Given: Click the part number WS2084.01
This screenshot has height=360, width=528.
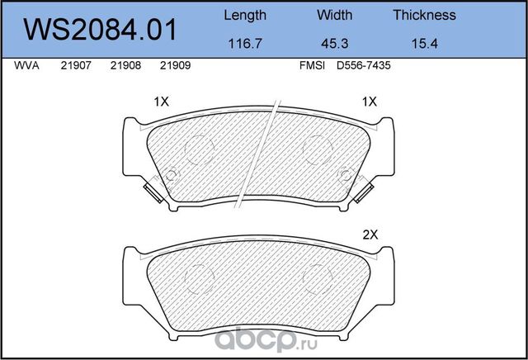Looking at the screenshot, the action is tap(100, 30).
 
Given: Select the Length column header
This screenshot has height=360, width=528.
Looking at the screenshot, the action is tap(245, 16).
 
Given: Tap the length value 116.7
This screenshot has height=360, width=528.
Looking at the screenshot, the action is tap(245, 44).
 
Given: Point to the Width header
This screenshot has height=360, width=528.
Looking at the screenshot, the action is tap(335, 15).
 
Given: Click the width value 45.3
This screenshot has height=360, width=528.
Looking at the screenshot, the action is tap(335, 44).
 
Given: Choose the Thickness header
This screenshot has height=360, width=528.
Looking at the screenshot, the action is tap(425, 15).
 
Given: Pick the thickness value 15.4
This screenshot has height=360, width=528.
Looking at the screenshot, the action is tap(425, 44).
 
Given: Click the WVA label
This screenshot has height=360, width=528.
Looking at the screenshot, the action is tap(26, 65).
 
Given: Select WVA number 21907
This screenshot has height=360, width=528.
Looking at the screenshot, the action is tap(76, 65).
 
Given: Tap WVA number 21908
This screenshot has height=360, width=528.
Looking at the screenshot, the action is tap(125, 65).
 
